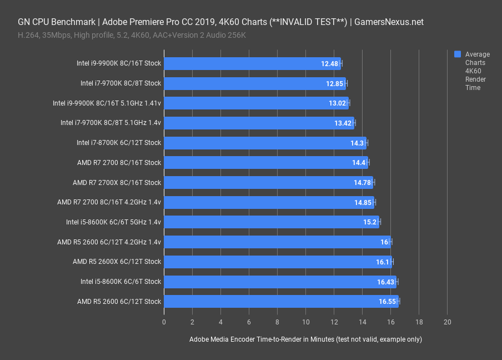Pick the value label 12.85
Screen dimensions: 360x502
coord(335,83)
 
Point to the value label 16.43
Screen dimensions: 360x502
coord(386,282)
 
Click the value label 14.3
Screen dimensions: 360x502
coord(357,143)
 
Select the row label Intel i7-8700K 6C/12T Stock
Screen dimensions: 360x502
coord(119,143)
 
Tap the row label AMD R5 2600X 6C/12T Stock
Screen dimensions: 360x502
coord(117,262)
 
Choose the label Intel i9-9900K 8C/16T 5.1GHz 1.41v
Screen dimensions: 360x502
coord(107,103)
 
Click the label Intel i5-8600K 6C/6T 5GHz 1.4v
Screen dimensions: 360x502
coord(113,222)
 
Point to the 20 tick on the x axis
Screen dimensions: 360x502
coord(448,322)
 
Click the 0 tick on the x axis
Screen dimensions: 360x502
coord(164,322)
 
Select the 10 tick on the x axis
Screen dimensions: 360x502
coord(306,322)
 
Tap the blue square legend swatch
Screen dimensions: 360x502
coord(458,54)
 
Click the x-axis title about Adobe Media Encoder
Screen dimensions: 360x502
coord(305,339)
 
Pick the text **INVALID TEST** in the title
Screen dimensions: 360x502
coord(309,22)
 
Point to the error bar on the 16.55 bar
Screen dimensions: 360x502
coord(398,302)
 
